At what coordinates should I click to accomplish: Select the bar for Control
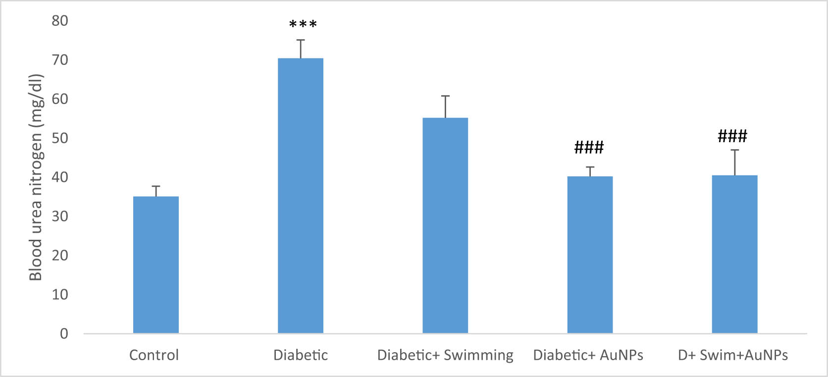[156, 265]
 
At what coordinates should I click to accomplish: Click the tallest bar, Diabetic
[301, 196]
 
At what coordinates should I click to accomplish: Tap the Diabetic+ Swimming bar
[445, 225]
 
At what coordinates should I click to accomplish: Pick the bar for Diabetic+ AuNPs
[590, 255]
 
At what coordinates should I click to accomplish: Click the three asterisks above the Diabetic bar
[303, 24]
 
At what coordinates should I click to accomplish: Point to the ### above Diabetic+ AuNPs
[589, 147]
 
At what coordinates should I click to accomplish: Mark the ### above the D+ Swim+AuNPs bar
[732, 136]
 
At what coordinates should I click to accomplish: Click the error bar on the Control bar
[156, 191]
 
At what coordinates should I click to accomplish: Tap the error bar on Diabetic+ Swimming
[446, 107]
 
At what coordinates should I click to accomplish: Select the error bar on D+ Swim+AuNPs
[735, 162]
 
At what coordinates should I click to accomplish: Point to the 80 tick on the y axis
[60, 21]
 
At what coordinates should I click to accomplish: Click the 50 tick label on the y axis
[60, 138]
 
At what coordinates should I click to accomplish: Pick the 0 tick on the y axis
[64, 333]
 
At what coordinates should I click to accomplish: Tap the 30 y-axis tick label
[60, 216]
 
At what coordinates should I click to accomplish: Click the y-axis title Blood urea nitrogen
[36, 177]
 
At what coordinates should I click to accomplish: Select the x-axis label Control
[154, 355]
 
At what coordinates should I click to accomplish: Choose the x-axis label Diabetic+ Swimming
[445, 355]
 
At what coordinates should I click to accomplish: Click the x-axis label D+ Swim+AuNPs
[733, 355]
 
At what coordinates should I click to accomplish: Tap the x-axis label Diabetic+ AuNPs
[588, 355]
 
